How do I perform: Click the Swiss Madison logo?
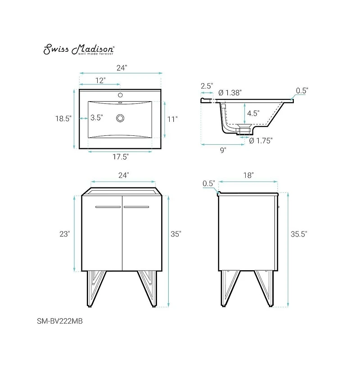coord(79,49)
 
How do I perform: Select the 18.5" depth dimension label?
coord(63,119)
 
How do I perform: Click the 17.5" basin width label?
coord(121,157)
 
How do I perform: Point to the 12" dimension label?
coord(100,80)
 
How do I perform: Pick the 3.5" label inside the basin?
coord(96,118)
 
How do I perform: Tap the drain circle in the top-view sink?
coord(120,118)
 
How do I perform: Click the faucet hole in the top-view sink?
coord(120,95)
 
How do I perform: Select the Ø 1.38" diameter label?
coord(230,92)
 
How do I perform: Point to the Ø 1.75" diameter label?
coord(261,140)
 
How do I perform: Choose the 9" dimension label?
coord(223,150)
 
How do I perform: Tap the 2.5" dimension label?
coord(207,85)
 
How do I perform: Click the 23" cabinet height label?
coord(64,234)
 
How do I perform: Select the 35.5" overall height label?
coord(298,234)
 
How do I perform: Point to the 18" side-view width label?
coord(249,174)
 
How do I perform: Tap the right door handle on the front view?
coord(136,207)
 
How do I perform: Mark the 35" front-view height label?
coord(175,234)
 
